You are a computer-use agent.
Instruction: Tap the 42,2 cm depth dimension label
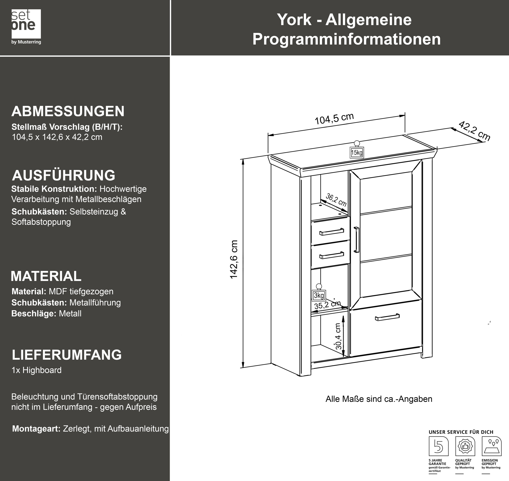(x=474, y=131)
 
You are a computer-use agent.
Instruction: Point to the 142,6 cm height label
(x=234, y=259)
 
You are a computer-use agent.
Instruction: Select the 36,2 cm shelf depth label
(x=336, y=200)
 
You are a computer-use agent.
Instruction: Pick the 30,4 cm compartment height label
(x=338, y=336)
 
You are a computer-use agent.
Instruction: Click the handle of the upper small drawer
(x=331, y=231)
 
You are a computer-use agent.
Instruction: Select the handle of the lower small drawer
(x=331, y=255)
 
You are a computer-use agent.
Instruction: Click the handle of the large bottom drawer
(x=387, y=317)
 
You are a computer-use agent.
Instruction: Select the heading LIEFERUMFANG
(x=67, y=355)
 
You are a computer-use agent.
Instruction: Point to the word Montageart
(x=36, y=428)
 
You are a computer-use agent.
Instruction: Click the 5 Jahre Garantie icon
(x=439, y=446)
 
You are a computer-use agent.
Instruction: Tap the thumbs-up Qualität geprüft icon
(x=465, y=446)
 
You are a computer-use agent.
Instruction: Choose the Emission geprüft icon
(x=492, y=446)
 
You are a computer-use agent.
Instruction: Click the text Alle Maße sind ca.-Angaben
(x=379, y=399)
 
